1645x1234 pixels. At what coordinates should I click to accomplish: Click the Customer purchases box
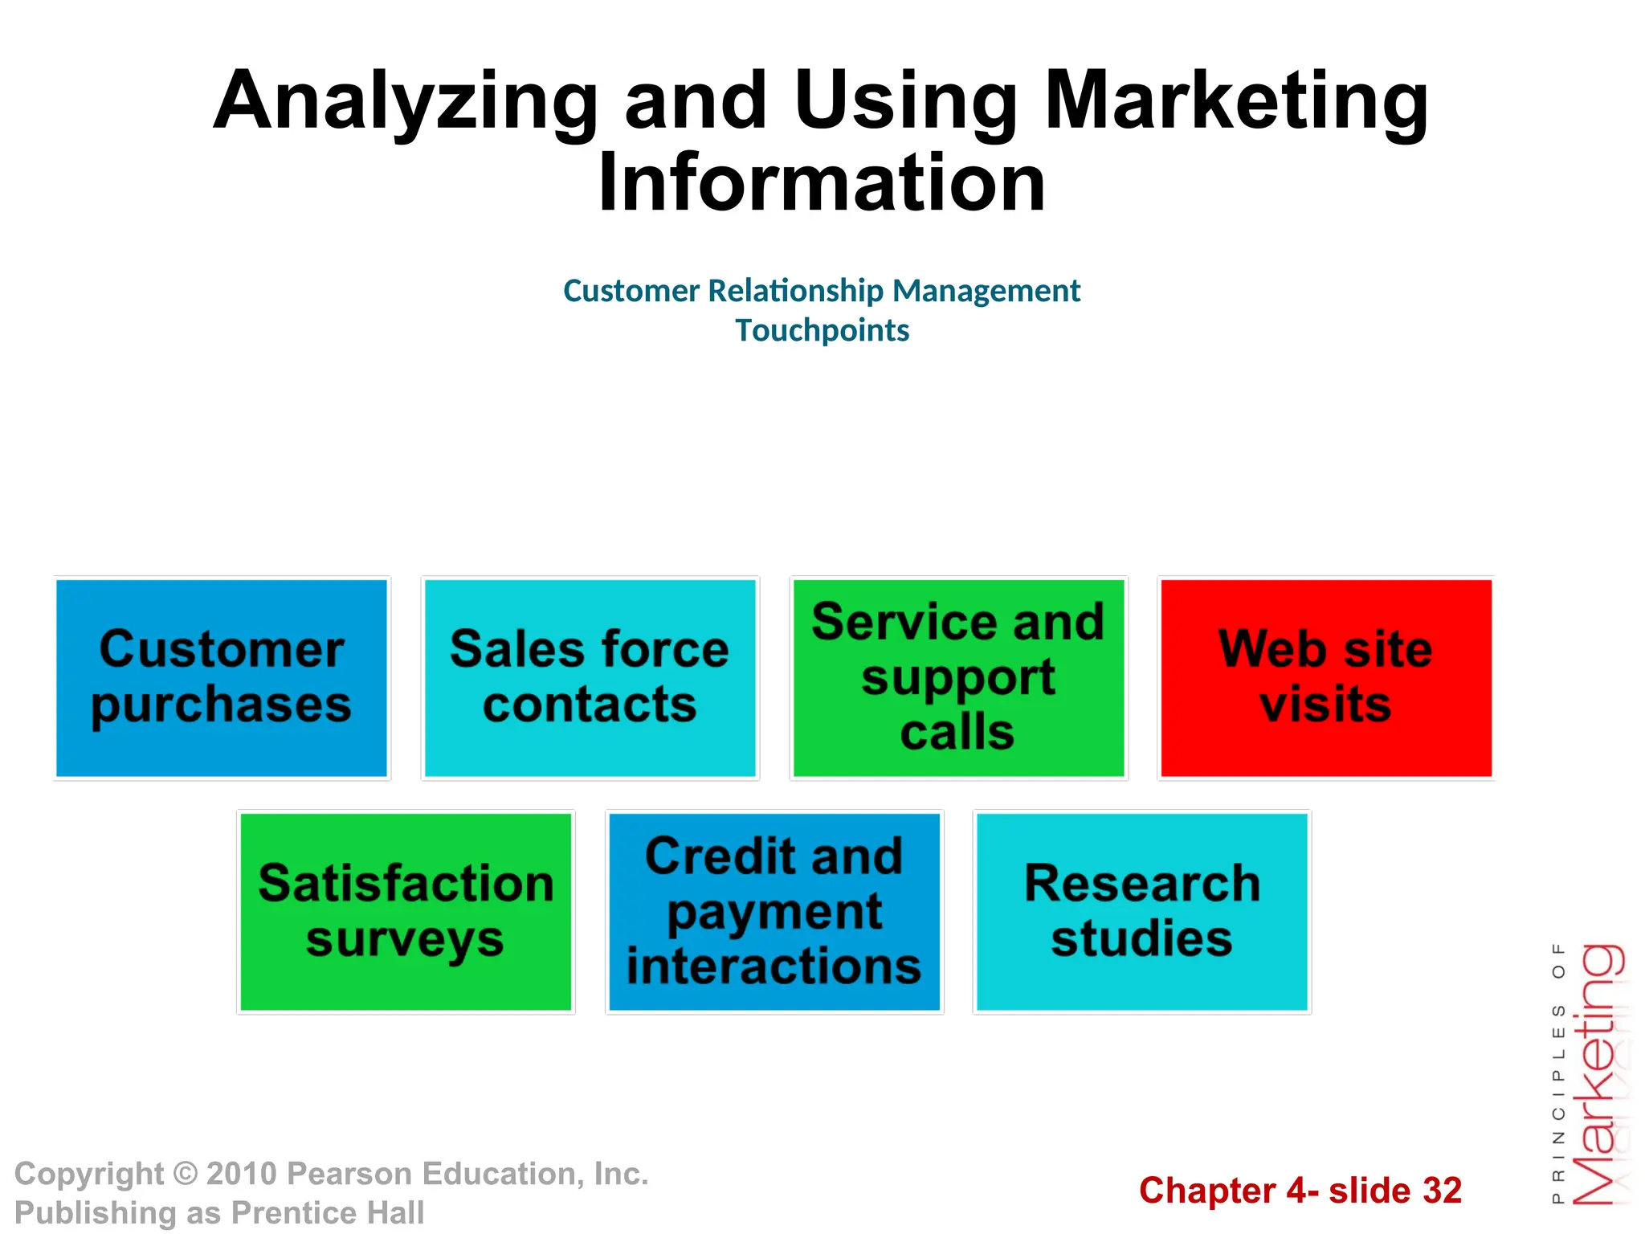(222, 678)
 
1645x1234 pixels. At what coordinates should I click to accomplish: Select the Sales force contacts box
(590, 678)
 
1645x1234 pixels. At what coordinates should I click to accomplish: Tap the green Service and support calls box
(958, 678)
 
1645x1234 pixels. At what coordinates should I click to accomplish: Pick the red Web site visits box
(1326, 678)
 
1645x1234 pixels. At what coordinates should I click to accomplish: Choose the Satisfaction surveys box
(406, 912)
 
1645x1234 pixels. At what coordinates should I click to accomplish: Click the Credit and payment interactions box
(774, 912)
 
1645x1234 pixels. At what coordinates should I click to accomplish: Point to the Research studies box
(1142, 912)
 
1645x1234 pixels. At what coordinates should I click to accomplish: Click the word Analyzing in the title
(406, 102)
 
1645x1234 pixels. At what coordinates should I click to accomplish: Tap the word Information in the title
(822, 183)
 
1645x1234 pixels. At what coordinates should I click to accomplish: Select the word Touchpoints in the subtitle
(822, 330)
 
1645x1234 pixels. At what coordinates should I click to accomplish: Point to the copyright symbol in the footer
(186, 1174)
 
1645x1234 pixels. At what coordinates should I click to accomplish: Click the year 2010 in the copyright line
(242, 1174)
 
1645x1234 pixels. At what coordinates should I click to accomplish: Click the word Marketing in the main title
(1236, 102)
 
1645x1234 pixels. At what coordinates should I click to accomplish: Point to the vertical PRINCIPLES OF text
(1558, 1073)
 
